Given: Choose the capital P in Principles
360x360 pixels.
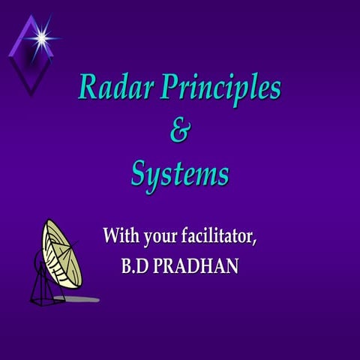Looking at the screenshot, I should tap(163, 88).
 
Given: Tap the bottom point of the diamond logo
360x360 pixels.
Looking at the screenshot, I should tap(31, 94).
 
